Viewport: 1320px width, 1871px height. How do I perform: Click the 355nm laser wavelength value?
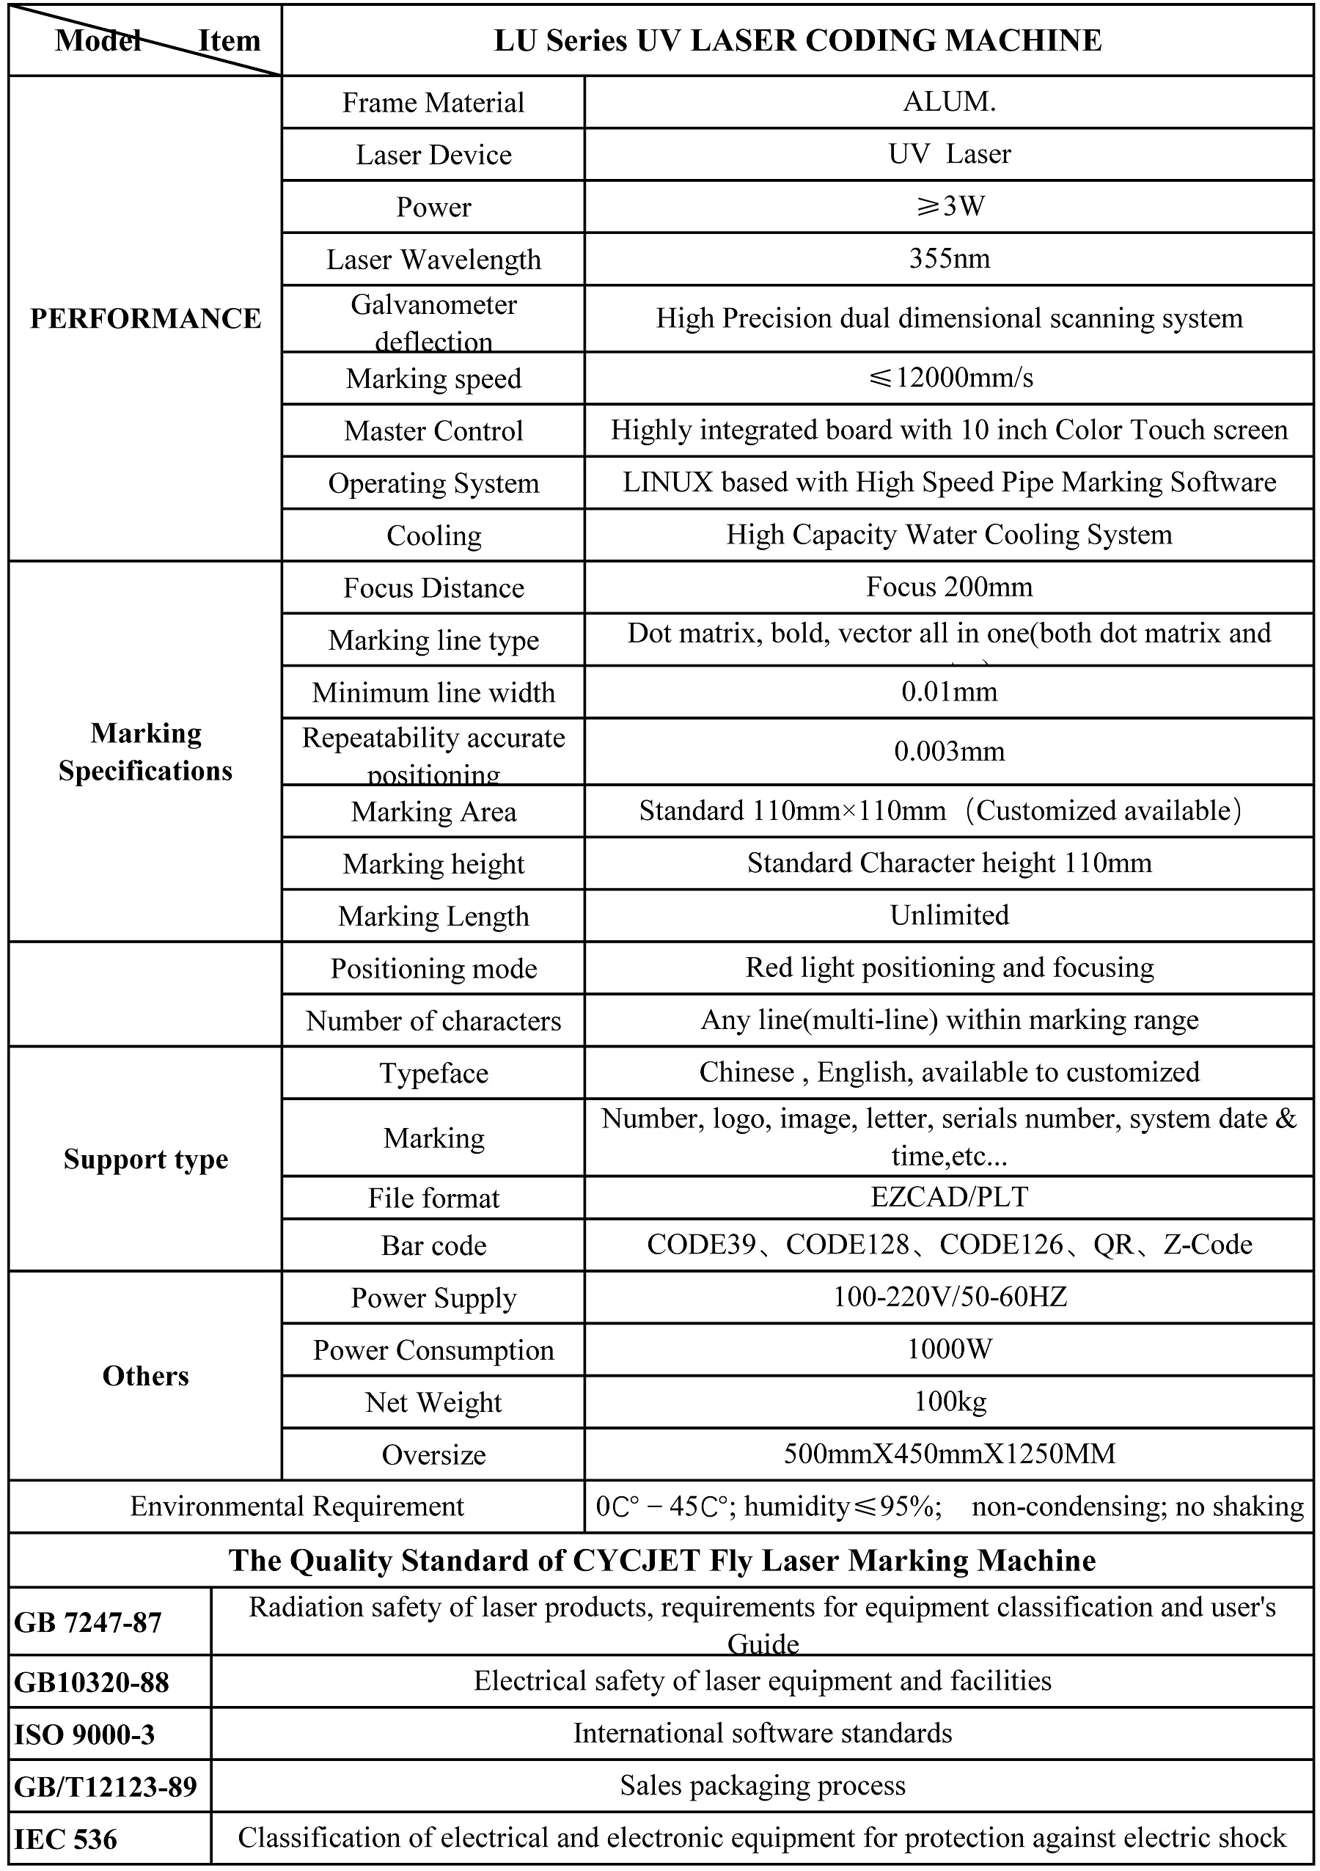[x=949, y=259]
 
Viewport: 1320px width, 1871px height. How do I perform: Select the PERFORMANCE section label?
[x=146, y=318]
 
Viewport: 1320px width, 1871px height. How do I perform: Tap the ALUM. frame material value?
[x=949, y=102]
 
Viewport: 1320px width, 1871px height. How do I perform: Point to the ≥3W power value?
[x=949, y=206]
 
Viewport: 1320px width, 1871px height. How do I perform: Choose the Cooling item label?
[x=433, y=535]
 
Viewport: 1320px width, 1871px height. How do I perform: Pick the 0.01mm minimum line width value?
[x=949, y=692]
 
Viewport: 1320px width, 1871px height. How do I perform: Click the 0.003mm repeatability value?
[x=949, y=750]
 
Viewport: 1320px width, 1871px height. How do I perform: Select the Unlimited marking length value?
[x=949, y=915]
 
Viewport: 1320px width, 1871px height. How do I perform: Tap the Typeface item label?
[x=433, y=1073]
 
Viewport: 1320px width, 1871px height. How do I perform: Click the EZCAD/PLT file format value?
[x=949, y=1197]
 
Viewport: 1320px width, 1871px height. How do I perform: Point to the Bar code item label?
[x=433, y=1245]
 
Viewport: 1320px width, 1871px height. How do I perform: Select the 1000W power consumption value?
[x=949, y=1350]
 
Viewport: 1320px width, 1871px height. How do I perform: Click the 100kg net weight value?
[x=949, y=1402]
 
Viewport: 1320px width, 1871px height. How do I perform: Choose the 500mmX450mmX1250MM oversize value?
[x=949, y=1454]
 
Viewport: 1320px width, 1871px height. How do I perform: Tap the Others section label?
[x=146, y=1375]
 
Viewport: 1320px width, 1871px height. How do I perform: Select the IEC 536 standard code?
[x=66, y=1839]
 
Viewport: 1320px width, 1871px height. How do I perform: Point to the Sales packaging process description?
[x=763, y=1785]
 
